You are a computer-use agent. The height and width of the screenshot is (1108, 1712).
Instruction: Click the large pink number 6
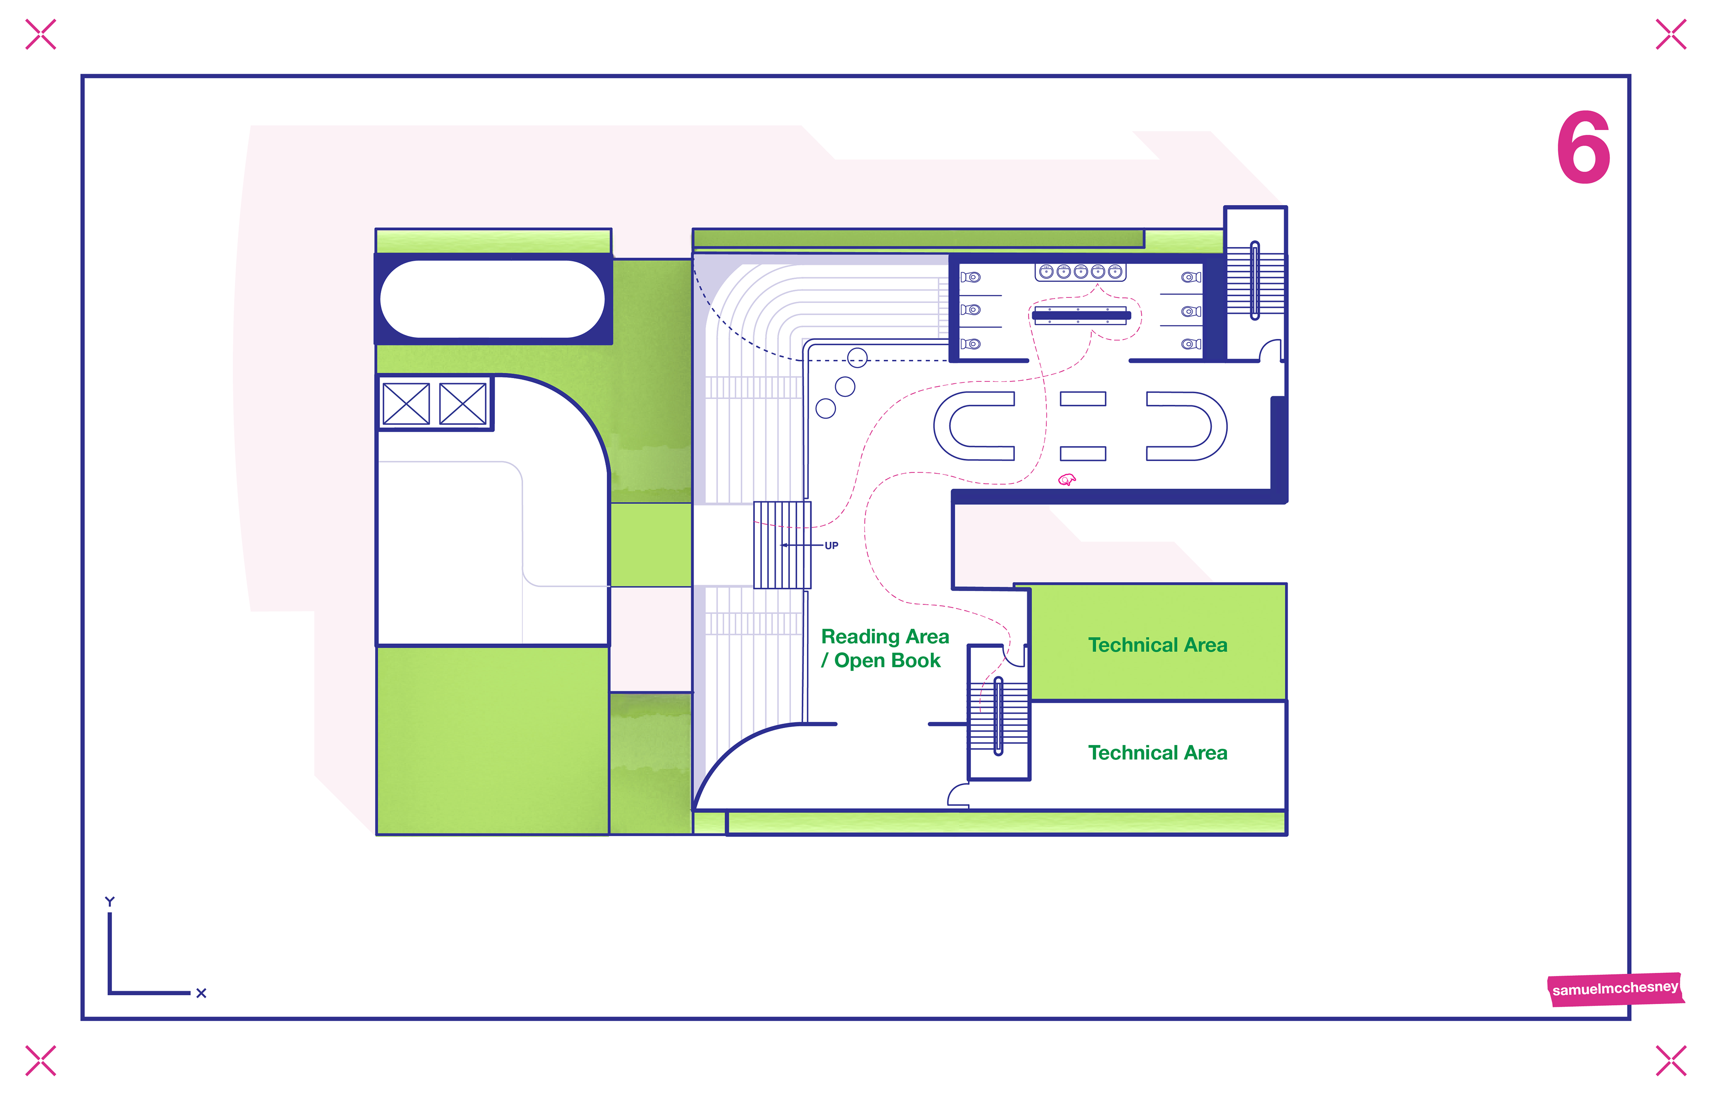pyautogui.click(x=1583, y=149)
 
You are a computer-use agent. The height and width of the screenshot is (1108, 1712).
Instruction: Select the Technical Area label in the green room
pyautogui.click(x=1157, y=645)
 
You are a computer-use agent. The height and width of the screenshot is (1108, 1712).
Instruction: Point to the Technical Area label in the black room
pyautogui.click(x=1157, y=753)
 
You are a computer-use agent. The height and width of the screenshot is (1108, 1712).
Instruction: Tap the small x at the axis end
pyautogui.click(x=202, y=993)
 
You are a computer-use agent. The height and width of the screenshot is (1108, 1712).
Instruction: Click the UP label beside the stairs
pyautogui.click(x=831, y=545)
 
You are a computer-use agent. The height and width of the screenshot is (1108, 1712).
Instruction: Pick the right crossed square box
pyautogui.click(x=462, y=404)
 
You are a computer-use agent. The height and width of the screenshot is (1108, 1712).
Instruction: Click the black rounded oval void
pyautogui.click(x=492, y=299)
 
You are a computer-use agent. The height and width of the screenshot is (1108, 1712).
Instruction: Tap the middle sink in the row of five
pyautogui.click(x=1080, y=271)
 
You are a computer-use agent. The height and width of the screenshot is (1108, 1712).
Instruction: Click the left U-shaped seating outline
pyautogui.click(x=971, y=426)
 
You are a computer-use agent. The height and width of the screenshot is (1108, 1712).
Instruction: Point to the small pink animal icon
pyautogui.click(x=1067, y=479)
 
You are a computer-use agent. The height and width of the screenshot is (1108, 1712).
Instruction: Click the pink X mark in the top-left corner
pyautogui.click(x=40, y=34)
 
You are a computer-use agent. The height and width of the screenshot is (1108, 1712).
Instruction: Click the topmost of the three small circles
pyautogui.click(x=857, y=357)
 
